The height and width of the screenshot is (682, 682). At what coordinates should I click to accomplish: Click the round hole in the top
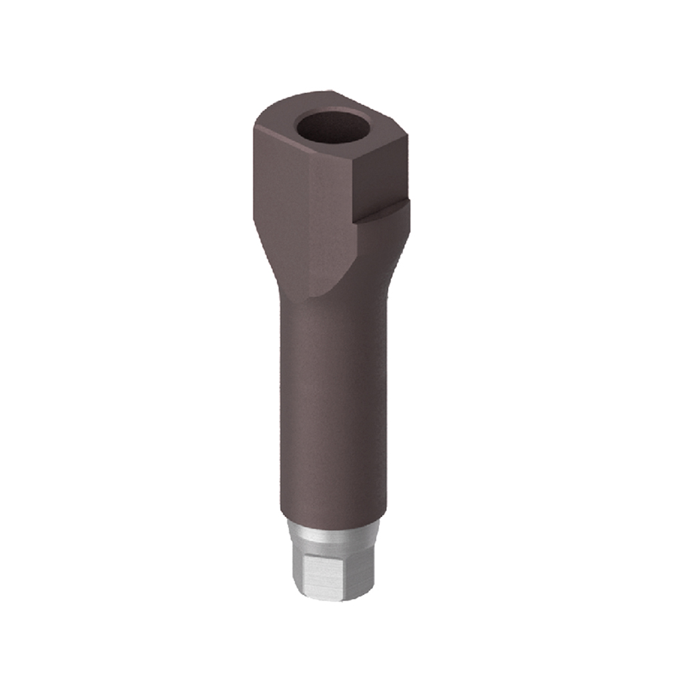[x=333, y=127]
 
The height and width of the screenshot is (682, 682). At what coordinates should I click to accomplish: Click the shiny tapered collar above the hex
[x=331, y=535]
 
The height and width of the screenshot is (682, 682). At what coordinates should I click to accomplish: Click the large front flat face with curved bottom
[x=334, y=218]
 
